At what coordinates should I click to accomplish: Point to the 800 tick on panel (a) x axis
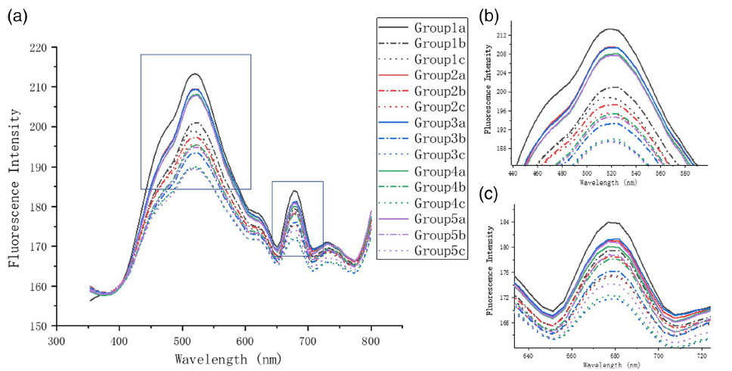click(x=371, y=341)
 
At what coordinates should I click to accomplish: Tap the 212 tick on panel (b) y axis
click(x=501, y=36)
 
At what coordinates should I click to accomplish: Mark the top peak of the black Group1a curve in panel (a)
click(x=195, y=73)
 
